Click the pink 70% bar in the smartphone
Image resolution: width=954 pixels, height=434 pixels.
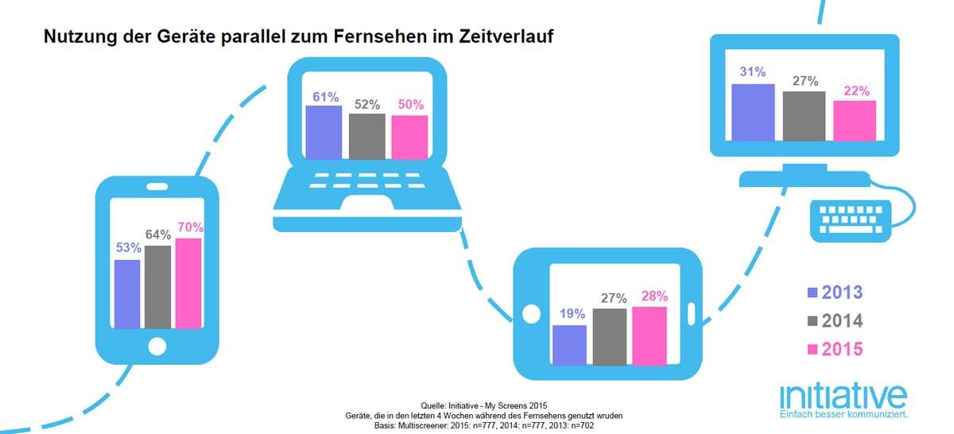188,283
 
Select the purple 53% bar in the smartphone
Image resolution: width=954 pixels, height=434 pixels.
127,294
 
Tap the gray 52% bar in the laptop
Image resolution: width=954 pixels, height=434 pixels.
366,136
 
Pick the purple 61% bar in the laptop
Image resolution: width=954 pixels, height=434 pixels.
324,133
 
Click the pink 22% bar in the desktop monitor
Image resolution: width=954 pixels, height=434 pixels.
855,121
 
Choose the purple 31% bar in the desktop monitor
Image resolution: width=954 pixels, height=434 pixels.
753,112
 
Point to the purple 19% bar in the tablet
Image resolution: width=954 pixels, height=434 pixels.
569,345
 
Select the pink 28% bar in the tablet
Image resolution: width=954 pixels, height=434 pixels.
650,335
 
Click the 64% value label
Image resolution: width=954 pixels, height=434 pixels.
158,234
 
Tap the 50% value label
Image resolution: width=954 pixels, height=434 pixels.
410,104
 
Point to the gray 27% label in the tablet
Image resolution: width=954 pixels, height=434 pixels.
614,298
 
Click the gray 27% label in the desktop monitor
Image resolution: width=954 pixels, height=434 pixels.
805,81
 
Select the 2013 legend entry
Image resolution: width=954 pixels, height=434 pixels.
836,293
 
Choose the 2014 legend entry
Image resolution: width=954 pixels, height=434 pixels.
836,320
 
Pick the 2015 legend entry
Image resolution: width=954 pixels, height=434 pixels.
836,349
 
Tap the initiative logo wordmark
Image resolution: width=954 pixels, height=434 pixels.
843,397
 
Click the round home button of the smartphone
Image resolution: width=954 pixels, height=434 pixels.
157,346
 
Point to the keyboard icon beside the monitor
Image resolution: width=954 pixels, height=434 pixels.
851,221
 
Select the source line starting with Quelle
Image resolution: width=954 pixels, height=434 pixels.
484,405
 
